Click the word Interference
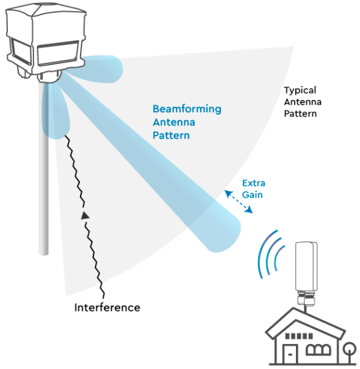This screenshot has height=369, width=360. (107, 307)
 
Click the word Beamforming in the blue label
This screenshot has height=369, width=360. (187, 109)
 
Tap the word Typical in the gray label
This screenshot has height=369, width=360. (300, 90)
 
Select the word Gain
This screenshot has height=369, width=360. (253, 194)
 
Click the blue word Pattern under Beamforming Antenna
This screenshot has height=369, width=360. (171, 135)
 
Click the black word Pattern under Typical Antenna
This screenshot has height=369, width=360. (300, 113)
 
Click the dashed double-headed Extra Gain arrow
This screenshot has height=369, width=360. (238, 202)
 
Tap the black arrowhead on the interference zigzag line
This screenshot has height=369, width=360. (85, 214)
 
